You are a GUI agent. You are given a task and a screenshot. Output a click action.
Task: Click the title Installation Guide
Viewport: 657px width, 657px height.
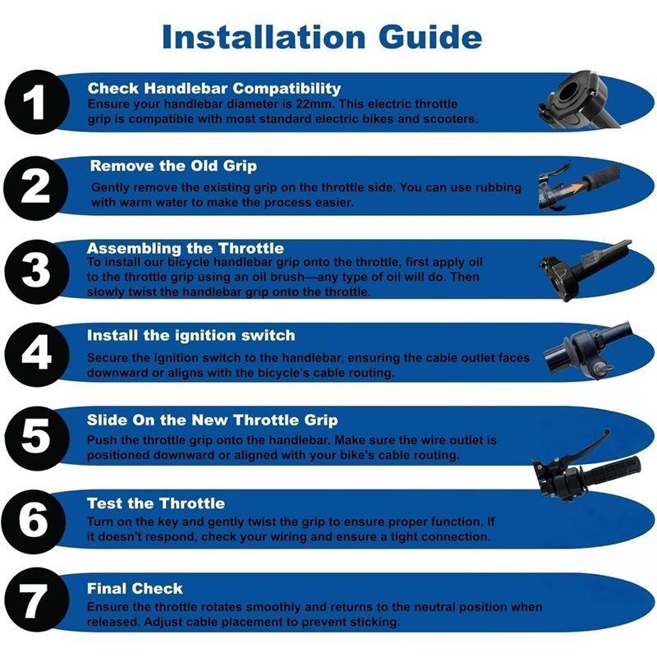tap(322, 37)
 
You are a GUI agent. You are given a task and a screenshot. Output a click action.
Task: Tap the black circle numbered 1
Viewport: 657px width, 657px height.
tap(37, 102)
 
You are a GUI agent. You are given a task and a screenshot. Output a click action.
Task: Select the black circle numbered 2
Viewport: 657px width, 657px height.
tap(37, 187)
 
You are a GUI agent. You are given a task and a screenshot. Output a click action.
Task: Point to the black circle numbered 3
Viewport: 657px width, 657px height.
tap(37, 271)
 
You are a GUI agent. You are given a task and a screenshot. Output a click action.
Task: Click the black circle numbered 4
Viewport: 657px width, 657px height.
tap(37, 355)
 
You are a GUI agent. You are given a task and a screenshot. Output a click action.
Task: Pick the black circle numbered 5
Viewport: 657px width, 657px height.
tap(37, 438)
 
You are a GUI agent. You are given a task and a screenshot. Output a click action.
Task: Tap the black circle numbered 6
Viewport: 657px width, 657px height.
tap(35, 521)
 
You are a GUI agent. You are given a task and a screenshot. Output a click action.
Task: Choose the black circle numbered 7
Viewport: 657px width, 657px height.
tap(35, 601)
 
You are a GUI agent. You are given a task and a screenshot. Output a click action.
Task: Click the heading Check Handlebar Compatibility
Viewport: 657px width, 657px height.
tap(214, 88)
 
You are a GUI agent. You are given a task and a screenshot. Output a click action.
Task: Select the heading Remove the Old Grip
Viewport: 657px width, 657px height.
tap(173, 166)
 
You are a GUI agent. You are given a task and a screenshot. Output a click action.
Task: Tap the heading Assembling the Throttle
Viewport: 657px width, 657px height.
tap(186, 248)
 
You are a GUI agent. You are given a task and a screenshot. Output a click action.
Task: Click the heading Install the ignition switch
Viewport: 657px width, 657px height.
tap(191, 335)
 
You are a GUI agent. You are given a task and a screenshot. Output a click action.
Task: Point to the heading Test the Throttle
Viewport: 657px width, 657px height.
tap(156, 503)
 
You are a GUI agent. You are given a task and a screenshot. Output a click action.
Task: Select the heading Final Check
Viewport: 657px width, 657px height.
tap(135, 589)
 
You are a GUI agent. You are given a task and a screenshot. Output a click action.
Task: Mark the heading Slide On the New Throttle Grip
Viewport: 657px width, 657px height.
tap(213, 420)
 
